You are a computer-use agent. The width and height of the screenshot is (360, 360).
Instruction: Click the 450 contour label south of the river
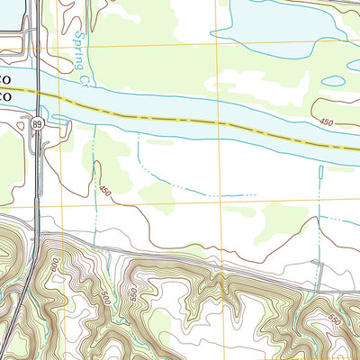click(x=105, y=191)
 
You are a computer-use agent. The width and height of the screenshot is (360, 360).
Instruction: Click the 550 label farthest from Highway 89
click(x=334, y=319)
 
